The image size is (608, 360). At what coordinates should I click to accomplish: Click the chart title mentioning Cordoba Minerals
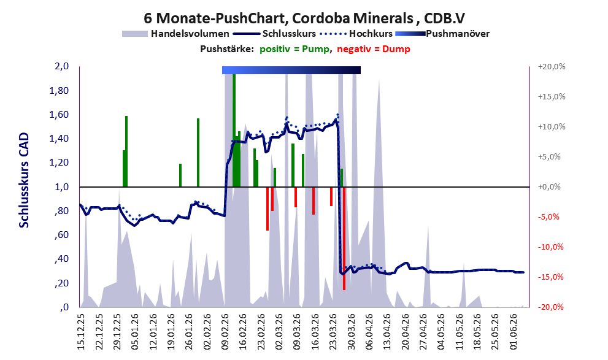(x=304, y=18)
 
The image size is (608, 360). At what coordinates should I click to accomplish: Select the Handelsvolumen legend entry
(x=175, y=34)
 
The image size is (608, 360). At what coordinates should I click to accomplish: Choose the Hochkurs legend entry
(x=356, y=34)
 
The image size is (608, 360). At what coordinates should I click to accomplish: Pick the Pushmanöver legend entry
(x=442, y=34)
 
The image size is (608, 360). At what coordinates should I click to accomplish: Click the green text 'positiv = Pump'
(x=294, y=49)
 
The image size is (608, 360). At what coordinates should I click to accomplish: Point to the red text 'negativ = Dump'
(x=374, y=49)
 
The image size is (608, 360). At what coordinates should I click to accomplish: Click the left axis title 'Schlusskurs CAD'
(x=24, y=180)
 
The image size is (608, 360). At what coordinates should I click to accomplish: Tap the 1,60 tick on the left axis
(x=60, y=115)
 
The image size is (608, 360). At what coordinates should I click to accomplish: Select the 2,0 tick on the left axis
(x=62, y=66)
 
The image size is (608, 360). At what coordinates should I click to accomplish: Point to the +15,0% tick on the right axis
(x=552, y=97)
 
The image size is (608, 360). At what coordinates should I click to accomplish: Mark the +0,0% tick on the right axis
(x=550, y=187)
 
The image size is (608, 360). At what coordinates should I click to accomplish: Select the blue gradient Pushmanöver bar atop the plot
(x=291, y=70)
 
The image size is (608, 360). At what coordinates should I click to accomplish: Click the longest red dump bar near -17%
(x=344, y=239)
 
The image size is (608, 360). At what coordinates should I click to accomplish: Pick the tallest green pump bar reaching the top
(x=234, y=130)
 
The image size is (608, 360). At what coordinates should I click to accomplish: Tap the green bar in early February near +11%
(x=198, y=153)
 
